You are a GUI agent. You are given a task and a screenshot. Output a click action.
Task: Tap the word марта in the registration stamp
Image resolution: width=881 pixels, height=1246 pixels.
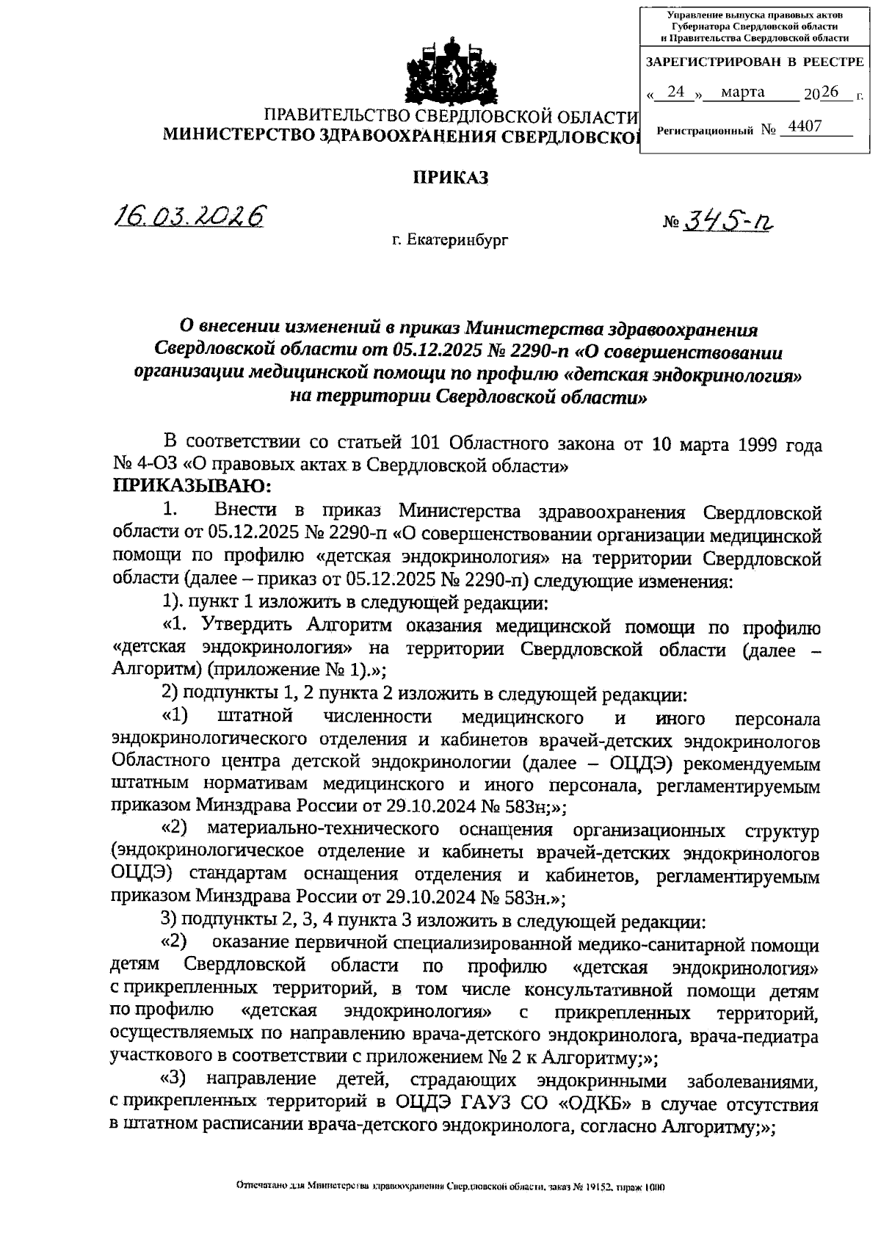pyautogui.click(x=743, y=93)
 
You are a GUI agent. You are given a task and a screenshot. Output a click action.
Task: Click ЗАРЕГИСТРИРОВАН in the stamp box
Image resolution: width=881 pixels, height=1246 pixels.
pyautogui.click(x=708, y=62)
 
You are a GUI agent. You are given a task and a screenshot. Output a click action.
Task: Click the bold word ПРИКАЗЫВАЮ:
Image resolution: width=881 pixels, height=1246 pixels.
pyautogui.click(x=182, y=486)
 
